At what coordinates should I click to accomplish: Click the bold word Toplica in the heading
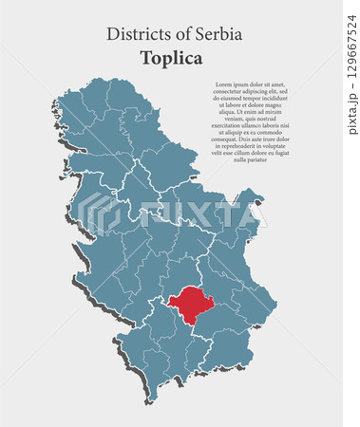pos(174,58)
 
